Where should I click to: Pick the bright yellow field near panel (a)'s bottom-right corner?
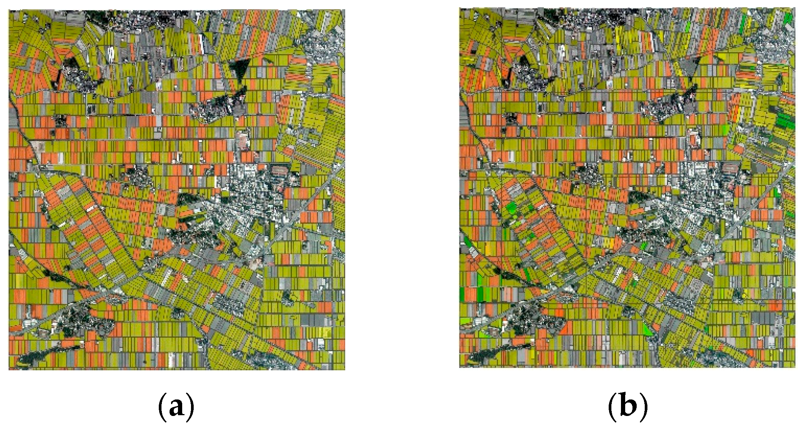(x=327, y=332)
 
